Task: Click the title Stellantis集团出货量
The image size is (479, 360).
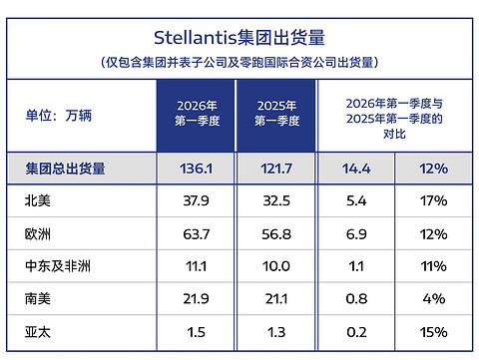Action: pos(239,38)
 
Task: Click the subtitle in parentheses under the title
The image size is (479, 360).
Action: pos(239,62)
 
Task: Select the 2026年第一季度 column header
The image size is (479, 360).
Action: pos(198,114)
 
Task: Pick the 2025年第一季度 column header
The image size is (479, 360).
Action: pos(273,114)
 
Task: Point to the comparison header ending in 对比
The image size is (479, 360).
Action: pos(394,117)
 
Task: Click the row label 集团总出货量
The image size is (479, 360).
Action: pos(66,169)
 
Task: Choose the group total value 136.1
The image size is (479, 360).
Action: pos(198,169)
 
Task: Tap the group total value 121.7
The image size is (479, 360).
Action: pos(273,169)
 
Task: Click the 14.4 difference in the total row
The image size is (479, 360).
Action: pos(356,169)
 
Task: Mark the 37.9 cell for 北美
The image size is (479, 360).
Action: pos(198,201)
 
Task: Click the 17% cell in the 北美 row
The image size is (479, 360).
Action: pos(434,201)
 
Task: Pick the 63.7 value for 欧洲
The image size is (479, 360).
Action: pos(198,234)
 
